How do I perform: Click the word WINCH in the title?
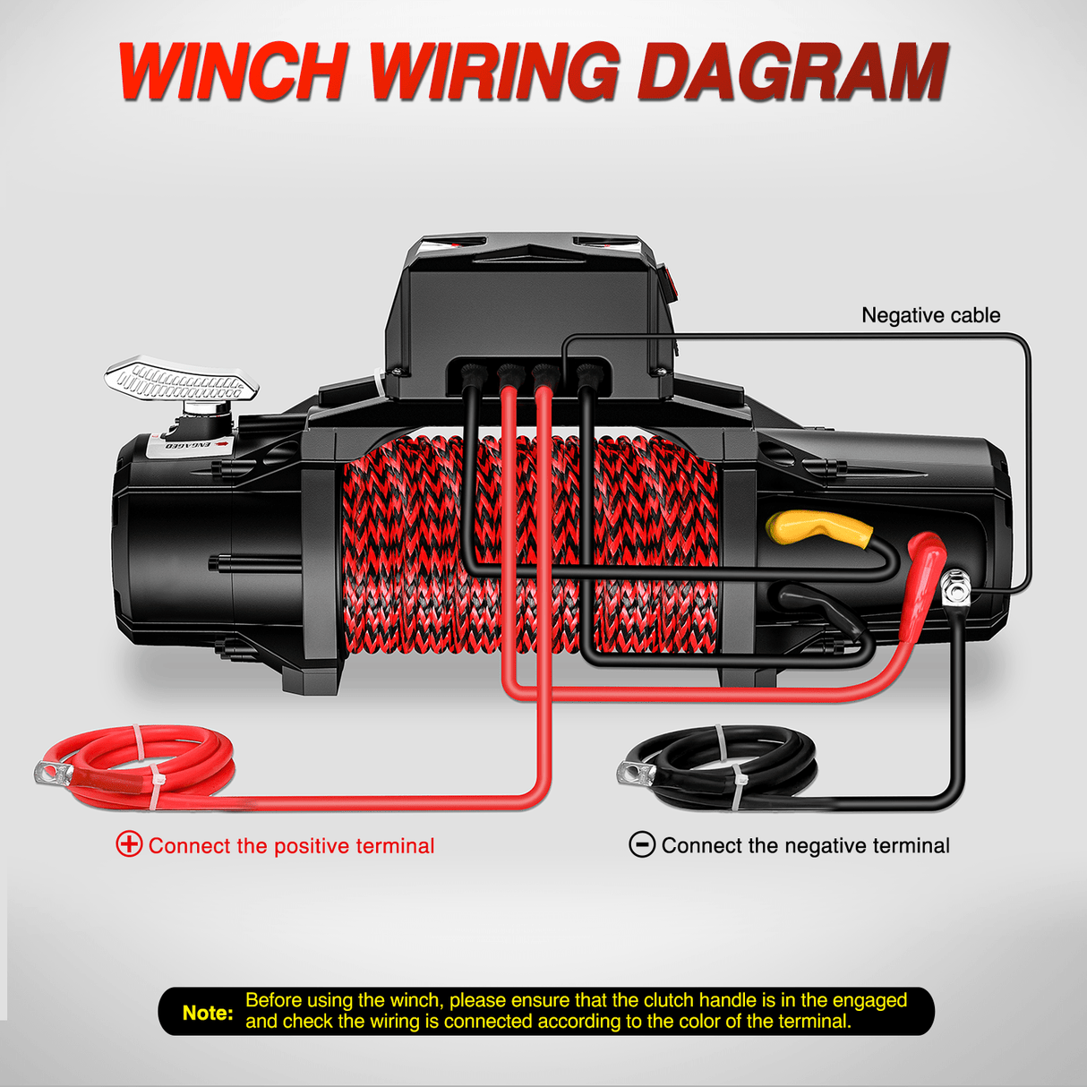231,72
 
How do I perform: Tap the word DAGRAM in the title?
792,72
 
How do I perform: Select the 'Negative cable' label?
930,315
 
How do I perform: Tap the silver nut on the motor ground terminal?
955,589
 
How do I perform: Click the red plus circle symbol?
129,845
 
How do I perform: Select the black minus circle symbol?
642,845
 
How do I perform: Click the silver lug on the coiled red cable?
54,772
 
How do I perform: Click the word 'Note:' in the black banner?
208,1013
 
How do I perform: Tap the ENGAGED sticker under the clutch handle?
189,444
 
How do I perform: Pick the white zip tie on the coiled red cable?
146,766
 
